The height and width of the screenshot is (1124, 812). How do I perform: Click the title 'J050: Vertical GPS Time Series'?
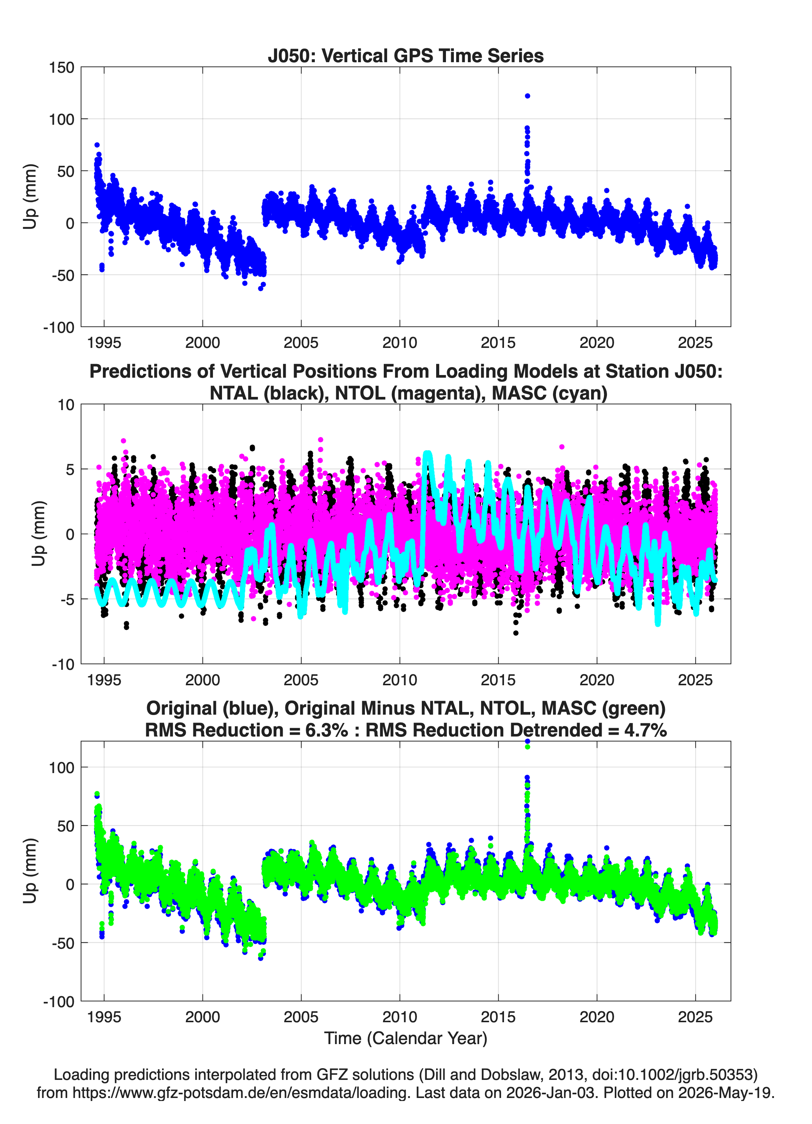pos(406,55)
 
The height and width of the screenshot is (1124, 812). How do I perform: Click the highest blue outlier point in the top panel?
pos(527,96)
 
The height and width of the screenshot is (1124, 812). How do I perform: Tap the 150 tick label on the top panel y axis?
pos(61,67)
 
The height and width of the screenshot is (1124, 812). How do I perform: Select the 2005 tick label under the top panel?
pos(301,343)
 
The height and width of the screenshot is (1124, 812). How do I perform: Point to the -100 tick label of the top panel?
pos(58,328)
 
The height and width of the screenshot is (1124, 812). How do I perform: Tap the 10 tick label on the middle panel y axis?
pos(66,405)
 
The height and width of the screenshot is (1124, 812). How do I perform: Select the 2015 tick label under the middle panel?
pos(498,680)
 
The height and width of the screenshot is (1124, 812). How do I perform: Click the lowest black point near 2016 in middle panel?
pos(516,633)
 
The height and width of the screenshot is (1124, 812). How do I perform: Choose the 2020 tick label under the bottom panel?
pos(597,1017)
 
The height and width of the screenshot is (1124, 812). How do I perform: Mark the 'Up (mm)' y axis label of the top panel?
pos(30,197)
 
